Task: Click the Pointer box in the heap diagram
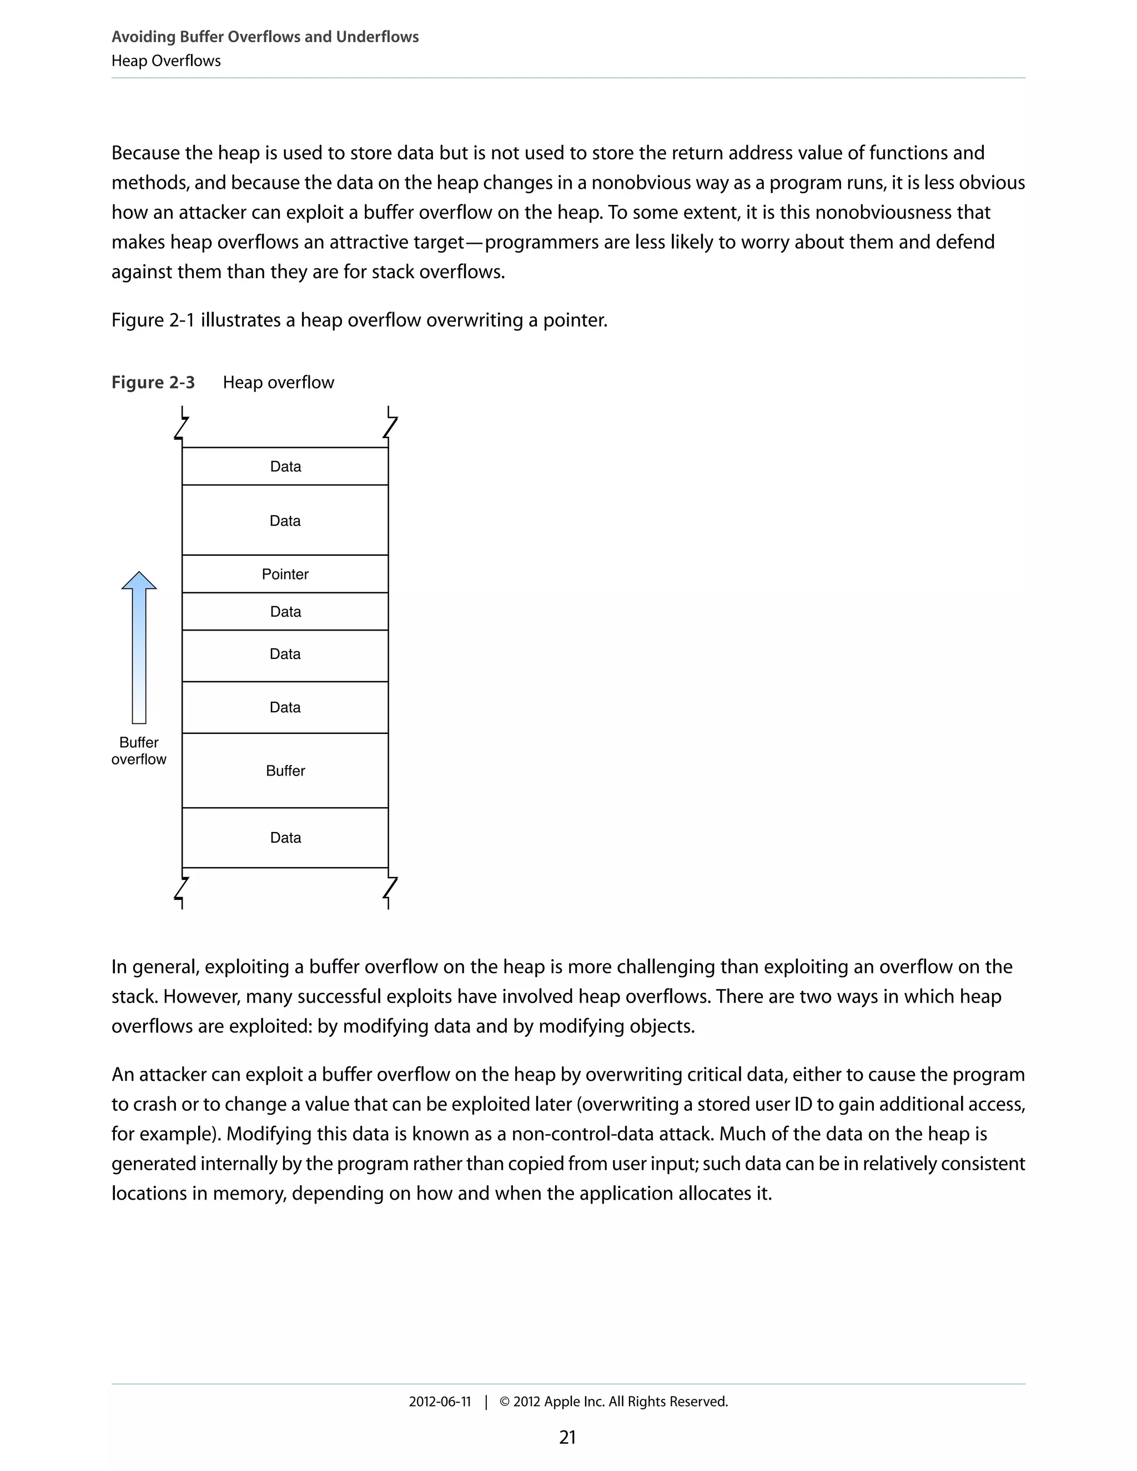click(x=285, y=574)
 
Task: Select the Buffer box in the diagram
click(x=285, y=770)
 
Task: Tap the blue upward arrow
click(x=139, y=647)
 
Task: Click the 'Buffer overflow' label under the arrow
click(x=139, y=750)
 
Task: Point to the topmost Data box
click(x=285, y=466)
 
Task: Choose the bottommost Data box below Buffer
click(x=285, y=837)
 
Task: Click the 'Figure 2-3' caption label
click(x=153, y=382)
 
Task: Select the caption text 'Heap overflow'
click(x=278, y=382)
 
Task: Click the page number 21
click(x=567, y=1437)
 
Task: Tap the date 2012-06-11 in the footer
click(x=439, y=1402)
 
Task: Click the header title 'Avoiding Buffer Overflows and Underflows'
click(x=265, y=37)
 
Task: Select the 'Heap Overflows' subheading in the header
click(x=165, y=61)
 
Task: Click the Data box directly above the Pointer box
click(x=285, y=521)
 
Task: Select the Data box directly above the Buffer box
click(x=285, y=707)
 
